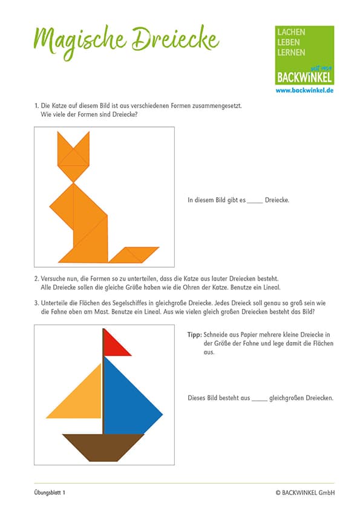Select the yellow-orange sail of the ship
84,399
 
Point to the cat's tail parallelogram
134,255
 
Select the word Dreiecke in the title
175,39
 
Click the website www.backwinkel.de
304,91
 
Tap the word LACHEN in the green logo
291,32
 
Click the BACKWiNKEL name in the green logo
304,77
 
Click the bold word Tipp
195,335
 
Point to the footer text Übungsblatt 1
50,493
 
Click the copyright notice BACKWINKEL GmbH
305,493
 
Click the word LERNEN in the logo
291,53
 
